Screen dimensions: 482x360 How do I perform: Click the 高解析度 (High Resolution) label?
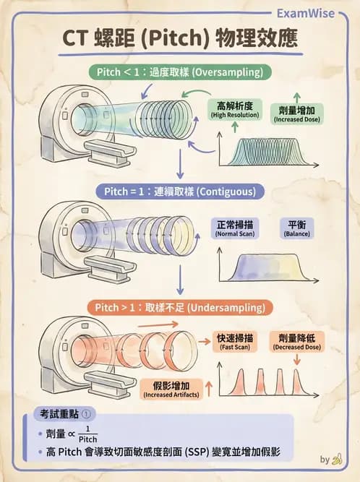pos(234,109)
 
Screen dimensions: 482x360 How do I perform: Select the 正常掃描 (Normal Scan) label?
pos(235,228)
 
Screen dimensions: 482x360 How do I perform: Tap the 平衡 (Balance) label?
pos(296,228)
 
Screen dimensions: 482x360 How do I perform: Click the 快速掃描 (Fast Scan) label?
pos(235,342)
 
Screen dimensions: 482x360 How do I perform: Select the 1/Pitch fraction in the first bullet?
pos(87,434)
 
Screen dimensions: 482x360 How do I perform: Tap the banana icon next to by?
pos(337,458)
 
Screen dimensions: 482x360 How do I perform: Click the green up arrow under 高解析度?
pos(234,127)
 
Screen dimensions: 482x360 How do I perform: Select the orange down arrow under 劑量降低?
pos(297,358)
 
